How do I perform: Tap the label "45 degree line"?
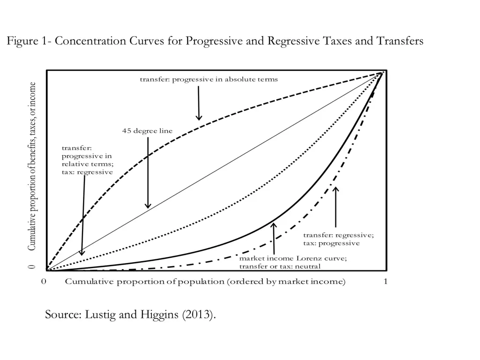point(147,131)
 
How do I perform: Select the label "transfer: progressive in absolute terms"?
point(209,79)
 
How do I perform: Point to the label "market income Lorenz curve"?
point(293,258)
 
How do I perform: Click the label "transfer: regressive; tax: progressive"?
point(338,239)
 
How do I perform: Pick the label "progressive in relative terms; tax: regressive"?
point(87,160)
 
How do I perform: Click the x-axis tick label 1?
point(385,282)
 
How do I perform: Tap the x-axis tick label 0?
point(43,282)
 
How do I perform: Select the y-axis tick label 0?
point(32,267)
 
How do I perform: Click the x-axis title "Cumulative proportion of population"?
point(205,282)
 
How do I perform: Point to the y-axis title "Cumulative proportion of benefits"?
point(32,166)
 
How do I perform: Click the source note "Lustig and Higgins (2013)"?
point(130,314)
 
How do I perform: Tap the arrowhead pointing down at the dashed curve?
point(199,117)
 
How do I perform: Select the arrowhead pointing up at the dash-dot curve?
point(336,189)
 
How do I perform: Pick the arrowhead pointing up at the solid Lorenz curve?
point(274,226)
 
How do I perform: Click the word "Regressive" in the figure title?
point(294,41)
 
